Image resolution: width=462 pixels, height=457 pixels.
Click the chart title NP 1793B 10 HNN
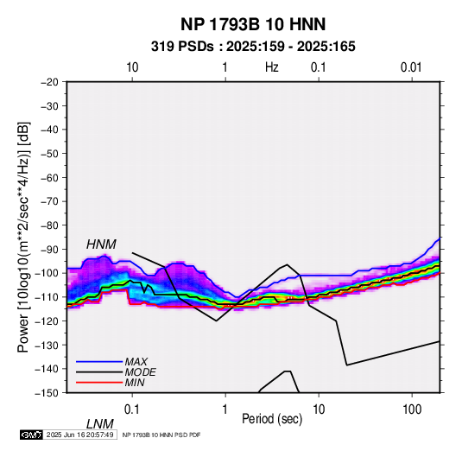pos(253,24)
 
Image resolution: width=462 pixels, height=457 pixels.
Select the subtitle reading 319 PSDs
pos(182,47)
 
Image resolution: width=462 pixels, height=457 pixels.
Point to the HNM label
pos(101,244)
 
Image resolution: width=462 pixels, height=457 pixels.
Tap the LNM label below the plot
pos(99,424)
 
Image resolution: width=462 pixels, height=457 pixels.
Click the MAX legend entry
pos(136,361)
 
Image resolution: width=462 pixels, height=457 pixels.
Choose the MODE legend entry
pos(140,372)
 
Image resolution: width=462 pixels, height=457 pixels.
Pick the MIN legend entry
pos(135,383)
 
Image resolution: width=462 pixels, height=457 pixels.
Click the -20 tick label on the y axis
pos(49,82)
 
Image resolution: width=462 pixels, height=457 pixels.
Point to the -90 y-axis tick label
pos(49,250)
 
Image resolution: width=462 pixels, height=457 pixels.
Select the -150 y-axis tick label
pos(47,393)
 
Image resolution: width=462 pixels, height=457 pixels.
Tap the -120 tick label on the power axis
pos(47,321)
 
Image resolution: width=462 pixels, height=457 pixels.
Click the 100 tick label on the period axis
pos(412,409)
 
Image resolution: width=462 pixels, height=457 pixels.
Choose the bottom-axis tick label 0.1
pos(132,409)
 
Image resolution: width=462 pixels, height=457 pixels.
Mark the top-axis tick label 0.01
pos(411,67)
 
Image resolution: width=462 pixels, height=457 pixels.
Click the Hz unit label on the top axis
pos(272,67)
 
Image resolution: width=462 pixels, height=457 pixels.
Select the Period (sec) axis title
pos(272,419)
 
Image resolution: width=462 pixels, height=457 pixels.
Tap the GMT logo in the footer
pos(31,435)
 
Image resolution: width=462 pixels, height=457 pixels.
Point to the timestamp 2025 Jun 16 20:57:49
pos(79,435)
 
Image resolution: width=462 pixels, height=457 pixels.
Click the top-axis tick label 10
pos(132,67)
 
